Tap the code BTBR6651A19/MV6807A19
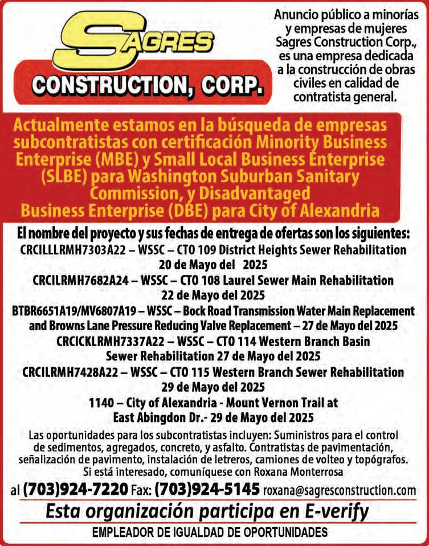(x=75, y=311)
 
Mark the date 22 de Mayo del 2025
(x=214, y=295)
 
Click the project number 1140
(x=101, y=403)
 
